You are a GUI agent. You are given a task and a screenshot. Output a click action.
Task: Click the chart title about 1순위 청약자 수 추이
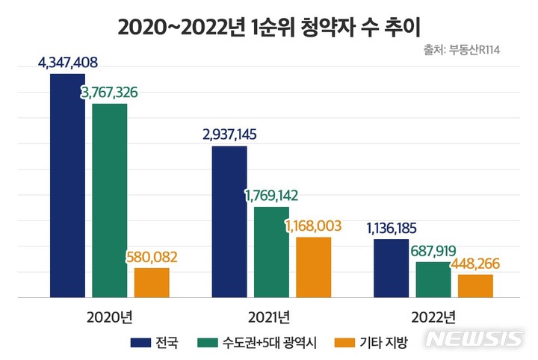point(269,28)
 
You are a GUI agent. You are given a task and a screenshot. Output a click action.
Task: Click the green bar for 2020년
point(110,200)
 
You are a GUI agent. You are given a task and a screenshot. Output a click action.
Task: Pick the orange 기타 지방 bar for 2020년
point(152,282)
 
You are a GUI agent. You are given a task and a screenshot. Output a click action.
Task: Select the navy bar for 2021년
point(229,222)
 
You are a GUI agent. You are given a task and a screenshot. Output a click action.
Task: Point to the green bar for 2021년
point(271,252)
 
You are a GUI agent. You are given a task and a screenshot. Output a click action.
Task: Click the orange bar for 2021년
point(313,267)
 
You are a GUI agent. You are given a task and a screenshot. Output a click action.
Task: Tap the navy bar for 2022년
point(391,268)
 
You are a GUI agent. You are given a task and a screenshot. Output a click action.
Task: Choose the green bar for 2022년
point(433,279)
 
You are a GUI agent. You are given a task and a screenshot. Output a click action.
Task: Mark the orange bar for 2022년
point(475,285)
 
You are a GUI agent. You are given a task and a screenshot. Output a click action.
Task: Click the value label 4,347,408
point(68,62)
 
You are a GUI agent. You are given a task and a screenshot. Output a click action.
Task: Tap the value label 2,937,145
point(229,134)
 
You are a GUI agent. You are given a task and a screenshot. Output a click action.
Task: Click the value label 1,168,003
point(313,225)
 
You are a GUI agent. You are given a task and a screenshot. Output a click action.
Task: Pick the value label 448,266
point(474,264)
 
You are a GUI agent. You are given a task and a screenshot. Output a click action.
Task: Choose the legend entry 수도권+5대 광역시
point(259,343)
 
